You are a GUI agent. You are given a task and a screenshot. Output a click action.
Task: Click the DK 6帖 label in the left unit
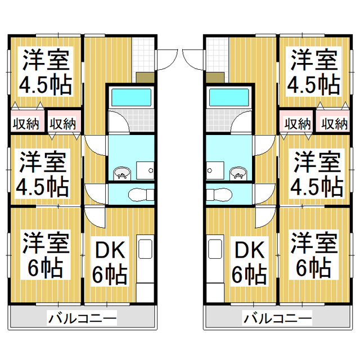[110, 262]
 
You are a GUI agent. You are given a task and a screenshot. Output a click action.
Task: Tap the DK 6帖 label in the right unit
[249, 262]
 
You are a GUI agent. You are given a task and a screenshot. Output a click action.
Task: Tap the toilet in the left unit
[137, 195]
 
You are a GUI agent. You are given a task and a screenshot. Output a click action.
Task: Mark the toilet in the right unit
[222, 195]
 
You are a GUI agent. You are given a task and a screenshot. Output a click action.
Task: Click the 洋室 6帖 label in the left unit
[46, 256]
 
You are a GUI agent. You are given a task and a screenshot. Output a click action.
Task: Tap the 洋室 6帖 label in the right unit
[314, 256]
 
